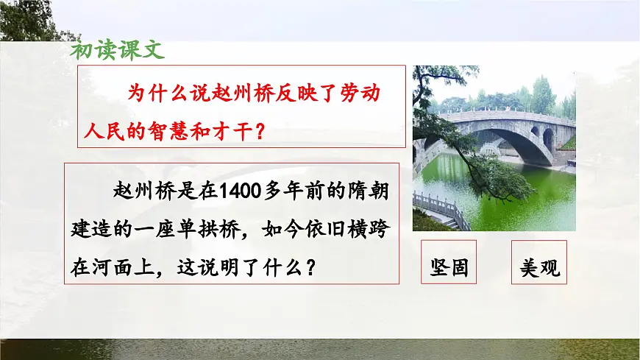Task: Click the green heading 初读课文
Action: [x=118, y=50]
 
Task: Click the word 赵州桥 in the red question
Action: [x=224, y=93]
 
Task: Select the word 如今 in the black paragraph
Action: [x=279, y=229]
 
